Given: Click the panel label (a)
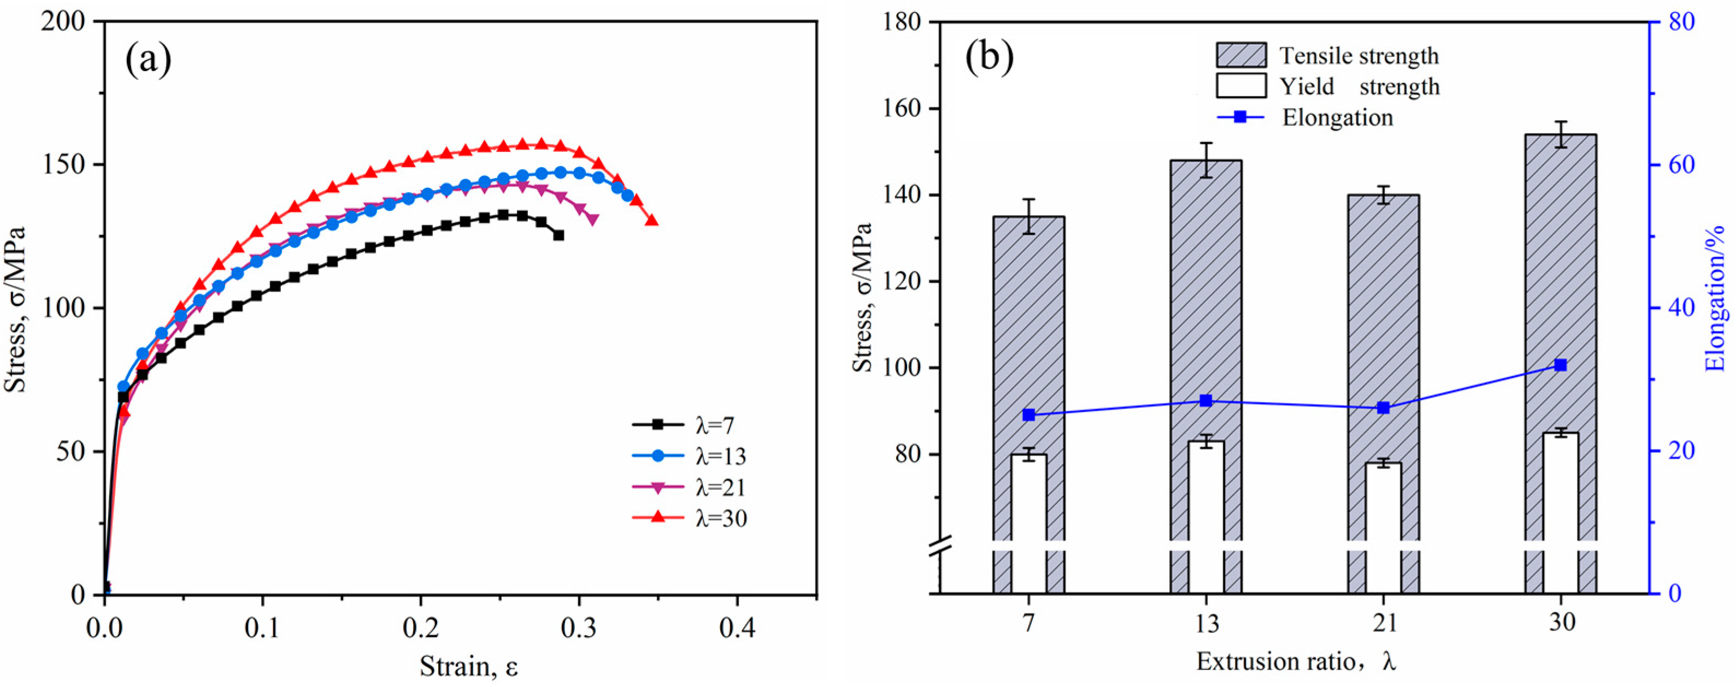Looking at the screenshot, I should pyautogui.click(x=148, y=61).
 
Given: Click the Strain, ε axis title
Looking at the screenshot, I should pyautogui.click(x=469, y=667).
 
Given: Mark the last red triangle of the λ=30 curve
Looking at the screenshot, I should pyautogui.click(x=651, y=220).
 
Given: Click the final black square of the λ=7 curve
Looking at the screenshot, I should pyautogui.click(x=558, y=235).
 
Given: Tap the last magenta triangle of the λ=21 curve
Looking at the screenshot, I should pyautogui.click(x=593, y=220).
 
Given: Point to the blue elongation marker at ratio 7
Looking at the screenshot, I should pyautogui.click(x=1028, y=415).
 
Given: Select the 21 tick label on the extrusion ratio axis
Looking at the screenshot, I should pyautogui.click(x=1384, y=623).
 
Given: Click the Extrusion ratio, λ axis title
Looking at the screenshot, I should pyautogui.click(x=1295, y=662).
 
